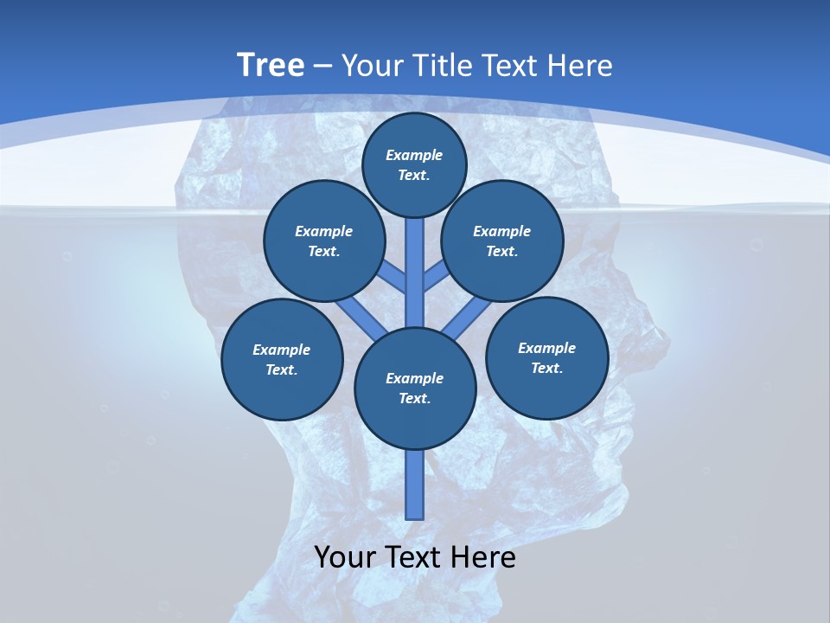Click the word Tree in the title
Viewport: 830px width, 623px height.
click(271, 65)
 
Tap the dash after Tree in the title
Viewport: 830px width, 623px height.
click(322, 67)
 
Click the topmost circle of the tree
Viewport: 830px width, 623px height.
click(414, 164)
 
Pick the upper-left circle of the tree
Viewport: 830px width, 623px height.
click(324, 241)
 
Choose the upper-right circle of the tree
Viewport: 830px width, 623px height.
click(502, 241)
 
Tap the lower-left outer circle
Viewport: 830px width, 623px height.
click(282, 359)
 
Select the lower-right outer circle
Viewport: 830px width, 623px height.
click(547, 357)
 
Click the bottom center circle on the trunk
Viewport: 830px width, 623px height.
click(415, 388)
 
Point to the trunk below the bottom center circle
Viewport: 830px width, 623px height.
click(415, 485)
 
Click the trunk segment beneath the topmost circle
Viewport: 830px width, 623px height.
click(415, 260)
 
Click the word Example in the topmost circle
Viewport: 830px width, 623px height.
click(414, 155)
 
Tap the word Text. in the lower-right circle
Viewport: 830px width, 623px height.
click(547, 368)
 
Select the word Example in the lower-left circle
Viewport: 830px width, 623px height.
click(282, 350)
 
